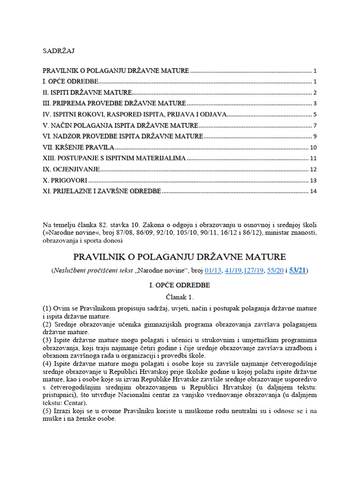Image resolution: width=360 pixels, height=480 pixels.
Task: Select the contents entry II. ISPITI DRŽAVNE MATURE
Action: click(87, 92)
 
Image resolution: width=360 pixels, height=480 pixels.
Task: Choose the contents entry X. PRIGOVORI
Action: click(65, 180)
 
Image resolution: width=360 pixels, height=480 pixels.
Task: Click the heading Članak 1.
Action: click(180, 297)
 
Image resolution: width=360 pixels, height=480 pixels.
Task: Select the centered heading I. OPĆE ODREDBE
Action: click(180, 285)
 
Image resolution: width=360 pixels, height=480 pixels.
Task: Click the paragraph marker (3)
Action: click(47, 340)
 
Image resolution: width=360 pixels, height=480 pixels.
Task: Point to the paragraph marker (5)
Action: click(47, 411)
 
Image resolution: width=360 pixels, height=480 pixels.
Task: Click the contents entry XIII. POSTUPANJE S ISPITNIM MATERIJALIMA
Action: click(114, 158)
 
